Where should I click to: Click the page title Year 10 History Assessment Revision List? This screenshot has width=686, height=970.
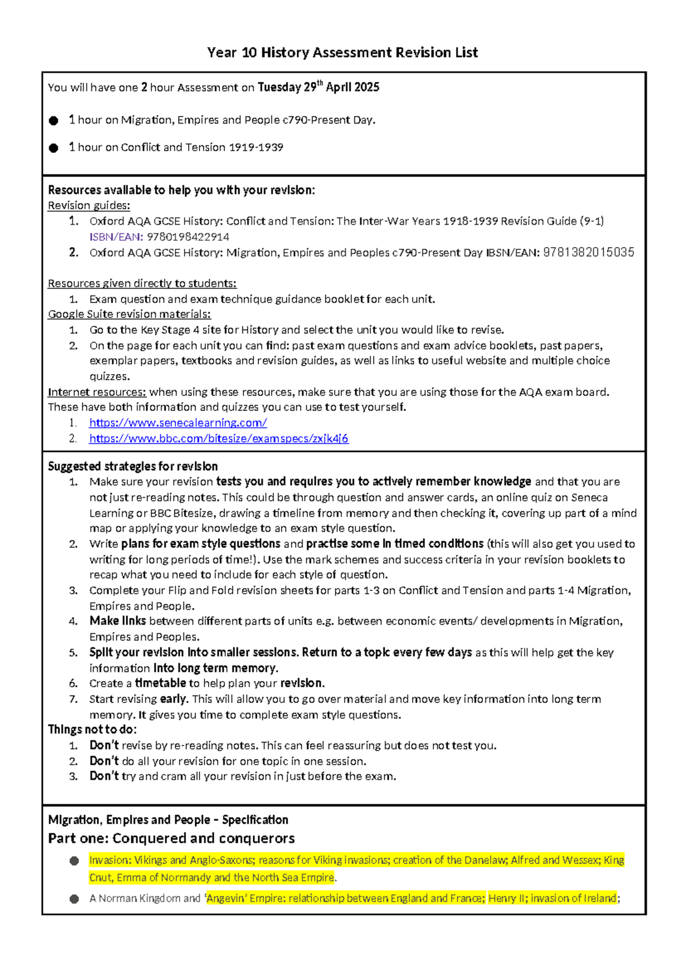coord(342,53)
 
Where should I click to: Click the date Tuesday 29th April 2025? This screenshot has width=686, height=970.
coord(318,88)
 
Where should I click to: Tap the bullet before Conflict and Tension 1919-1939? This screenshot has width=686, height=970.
coord(54,148)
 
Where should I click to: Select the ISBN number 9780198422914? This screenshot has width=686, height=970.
coord(188,237)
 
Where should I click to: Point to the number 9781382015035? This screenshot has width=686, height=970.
coord(588,252)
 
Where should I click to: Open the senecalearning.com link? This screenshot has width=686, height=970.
coord(178,423)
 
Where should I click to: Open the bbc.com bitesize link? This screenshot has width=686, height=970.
coord(218,439)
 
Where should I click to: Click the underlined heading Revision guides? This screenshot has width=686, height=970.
coord(89,205)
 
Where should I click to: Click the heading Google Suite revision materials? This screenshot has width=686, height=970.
coord(129,314)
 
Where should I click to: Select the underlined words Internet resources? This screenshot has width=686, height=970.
coord(97,392)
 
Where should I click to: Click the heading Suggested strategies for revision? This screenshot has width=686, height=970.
coord(133,466)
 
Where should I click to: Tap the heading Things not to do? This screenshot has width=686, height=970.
coord(92,729)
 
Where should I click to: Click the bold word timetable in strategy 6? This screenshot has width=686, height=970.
coord(160,683)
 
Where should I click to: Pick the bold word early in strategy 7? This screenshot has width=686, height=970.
coord(173,699)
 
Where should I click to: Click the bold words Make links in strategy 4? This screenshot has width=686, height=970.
coord(118,621)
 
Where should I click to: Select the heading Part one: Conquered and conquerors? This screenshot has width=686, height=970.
coord(171,838)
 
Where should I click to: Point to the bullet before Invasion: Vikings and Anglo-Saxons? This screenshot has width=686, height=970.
coord(74,861)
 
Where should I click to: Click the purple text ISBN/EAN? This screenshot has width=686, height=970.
coord(116,237)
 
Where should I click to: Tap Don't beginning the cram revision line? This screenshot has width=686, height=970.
coord(104,776)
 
